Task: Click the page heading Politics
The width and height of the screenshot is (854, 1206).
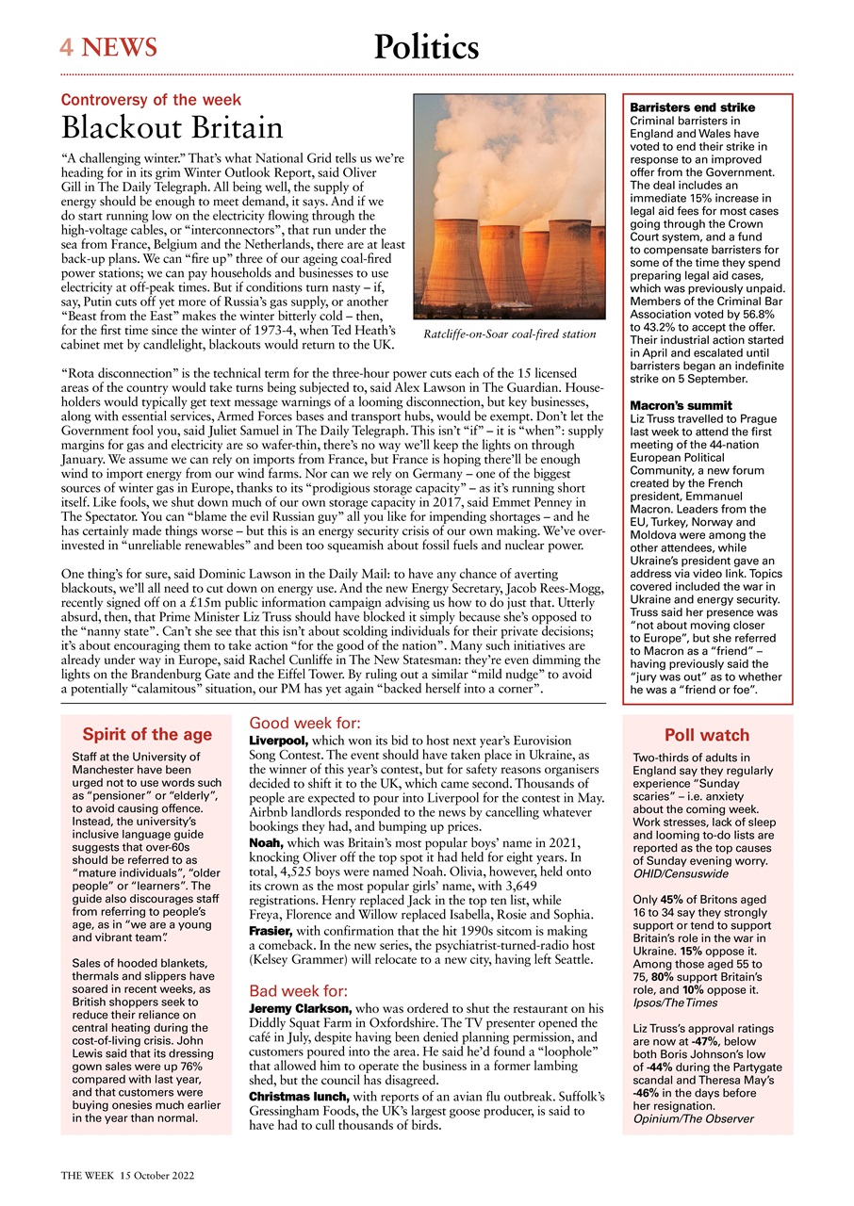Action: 426,47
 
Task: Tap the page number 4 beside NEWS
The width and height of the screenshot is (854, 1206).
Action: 67,47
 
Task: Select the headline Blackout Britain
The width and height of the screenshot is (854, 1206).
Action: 172,128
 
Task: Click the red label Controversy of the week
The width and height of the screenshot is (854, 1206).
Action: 151,100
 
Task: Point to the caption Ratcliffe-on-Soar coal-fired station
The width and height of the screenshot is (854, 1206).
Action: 509,334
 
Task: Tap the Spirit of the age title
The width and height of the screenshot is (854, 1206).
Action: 147,735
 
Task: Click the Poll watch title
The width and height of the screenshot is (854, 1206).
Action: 707,736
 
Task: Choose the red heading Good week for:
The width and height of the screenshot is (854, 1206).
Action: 304,724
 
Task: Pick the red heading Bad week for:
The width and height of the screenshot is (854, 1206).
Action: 299,991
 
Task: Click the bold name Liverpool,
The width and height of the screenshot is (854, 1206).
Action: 278,742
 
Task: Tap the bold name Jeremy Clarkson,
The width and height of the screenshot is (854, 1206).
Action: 300,1009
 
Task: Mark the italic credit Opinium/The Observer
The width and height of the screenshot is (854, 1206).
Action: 693,1118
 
